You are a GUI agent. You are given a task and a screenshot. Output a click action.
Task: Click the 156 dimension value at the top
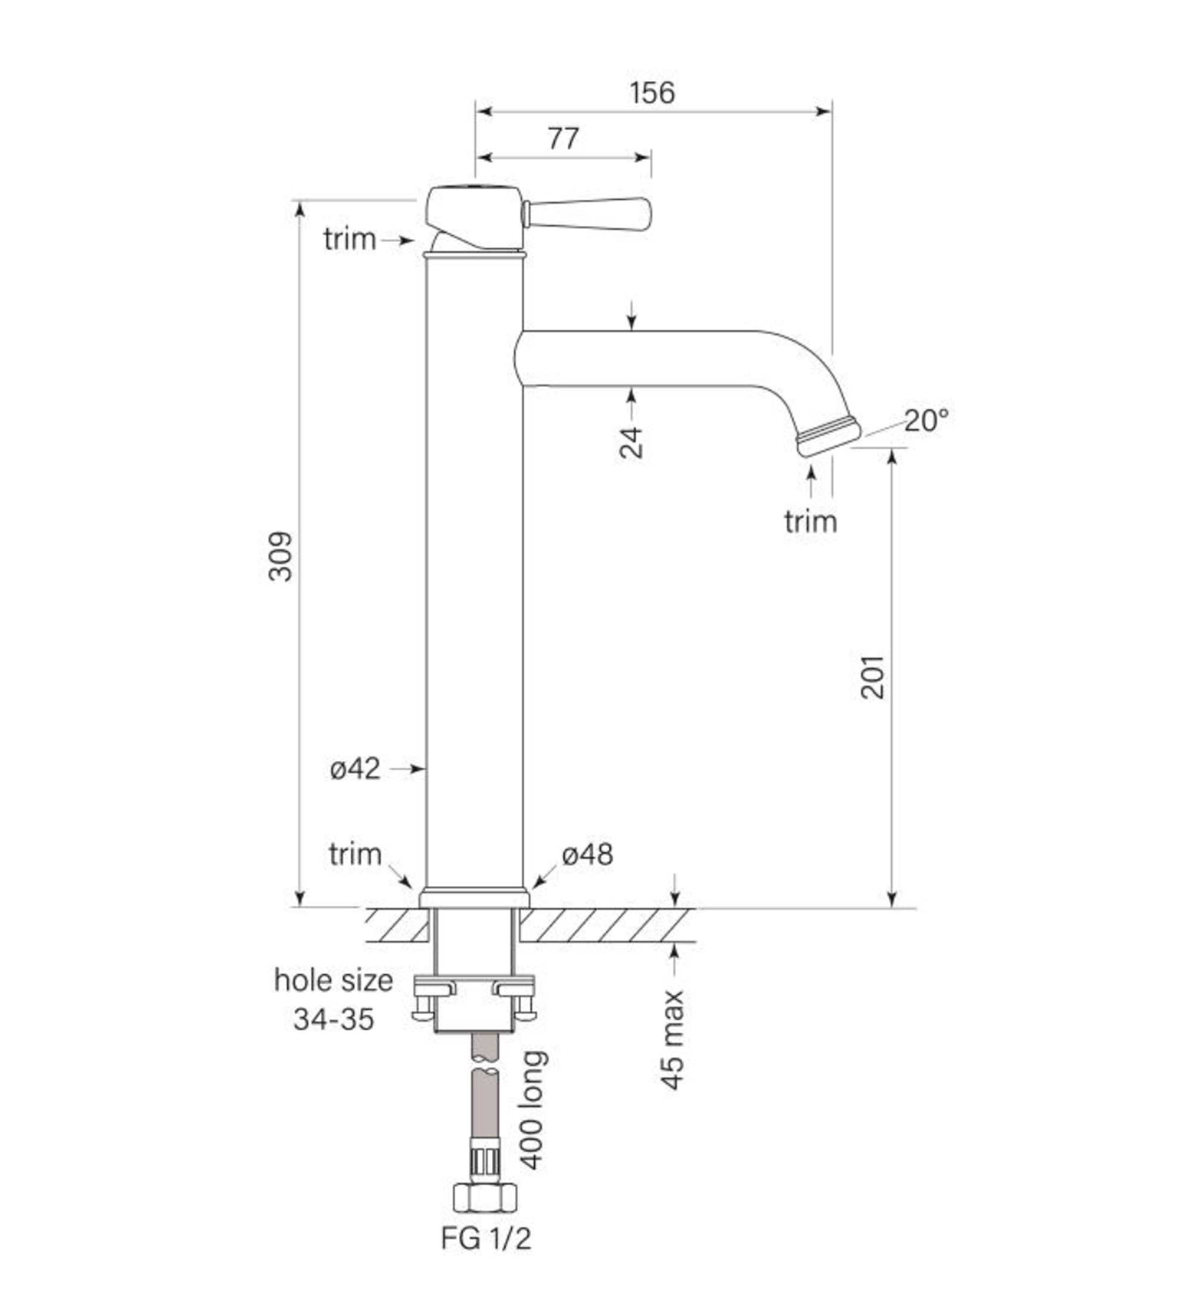[x=652, y=93]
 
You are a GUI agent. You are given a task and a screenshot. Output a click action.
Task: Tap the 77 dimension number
[x=563, y=138]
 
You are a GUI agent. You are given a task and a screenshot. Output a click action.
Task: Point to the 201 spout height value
[x=872, y=677]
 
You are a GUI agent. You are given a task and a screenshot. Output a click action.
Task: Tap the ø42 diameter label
[x=354, y=769]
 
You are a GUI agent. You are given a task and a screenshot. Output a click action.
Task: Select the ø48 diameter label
[x=587, y=855]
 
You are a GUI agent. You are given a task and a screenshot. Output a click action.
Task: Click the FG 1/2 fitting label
[x=486, y=1238]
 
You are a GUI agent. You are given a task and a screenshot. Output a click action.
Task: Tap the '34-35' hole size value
[x=334, y=1019]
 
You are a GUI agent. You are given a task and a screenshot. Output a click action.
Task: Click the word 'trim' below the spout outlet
[x=810, y=521]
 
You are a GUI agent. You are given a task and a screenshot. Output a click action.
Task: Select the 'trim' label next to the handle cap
[x=350, y=239]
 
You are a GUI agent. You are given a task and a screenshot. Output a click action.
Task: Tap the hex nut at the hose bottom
[x=485, y=1197]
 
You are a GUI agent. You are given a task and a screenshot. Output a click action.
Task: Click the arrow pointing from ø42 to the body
[x=407, y=769]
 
